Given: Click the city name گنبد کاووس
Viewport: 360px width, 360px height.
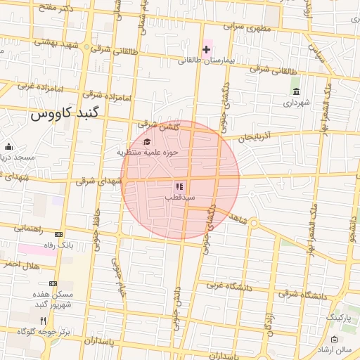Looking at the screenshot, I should coord(66,112).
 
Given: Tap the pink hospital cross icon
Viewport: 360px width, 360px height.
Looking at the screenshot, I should coord(206,49).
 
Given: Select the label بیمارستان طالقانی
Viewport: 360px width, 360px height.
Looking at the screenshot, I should coord(210,60).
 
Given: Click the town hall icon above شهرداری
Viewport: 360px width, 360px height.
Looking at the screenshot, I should coord(296,92).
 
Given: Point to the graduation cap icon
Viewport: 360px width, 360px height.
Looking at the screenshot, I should coord(147,142).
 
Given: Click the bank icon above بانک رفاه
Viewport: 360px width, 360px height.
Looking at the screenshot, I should coord(58,235).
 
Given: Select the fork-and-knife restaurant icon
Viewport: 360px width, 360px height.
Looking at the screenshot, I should coord(44,320).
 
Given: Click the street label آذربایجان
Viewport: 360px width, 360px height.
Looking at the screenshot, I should coord(254,136).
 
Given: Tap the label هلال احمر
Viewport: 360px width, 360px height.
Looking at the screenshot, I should coord(20,264).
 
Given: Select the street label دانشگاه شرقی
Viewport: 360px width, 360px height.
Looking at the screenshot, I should coord(304,296).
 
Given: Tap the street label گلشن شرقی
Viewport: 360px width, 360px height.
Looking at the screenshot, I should coord(164,126).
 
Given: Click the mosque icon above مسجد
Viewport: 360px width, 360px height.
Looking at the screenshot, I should coord(8,147).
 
